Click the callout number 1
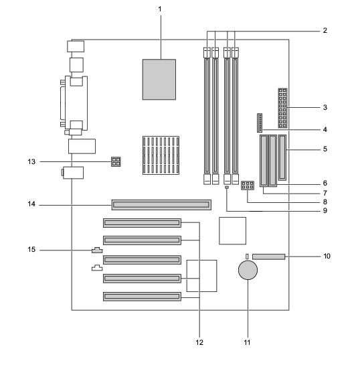[160, 9]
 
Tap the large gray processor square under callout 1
[159, 80]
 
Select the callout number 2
[325, 31]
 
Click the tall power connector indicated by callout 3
[282, 108]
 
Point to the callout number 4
[325, 130]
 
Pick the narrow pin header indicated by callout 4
[260, 123]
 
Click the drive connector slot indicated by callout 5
[282, 157]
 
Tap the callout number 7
[325, 193]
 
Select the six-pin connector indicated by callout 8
[248, 185]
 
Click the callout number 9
[325, 210]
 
